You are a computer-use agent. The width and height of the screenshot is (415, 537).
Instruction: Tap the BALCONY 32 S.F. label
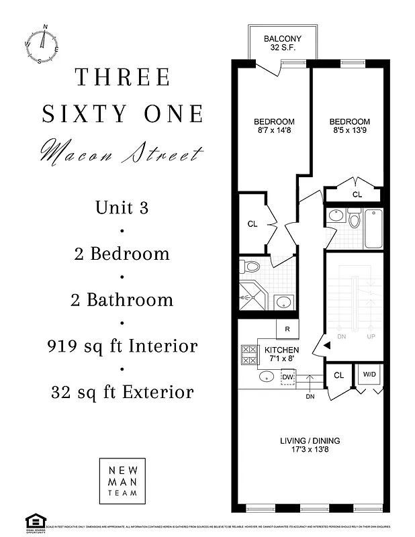pos(281,43)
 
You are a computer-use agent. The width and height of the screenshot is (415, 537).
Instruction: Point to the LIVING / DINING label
pos(310,446)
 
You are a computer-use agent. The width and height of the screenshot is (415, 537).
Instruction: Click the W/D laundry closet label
pos(369,375)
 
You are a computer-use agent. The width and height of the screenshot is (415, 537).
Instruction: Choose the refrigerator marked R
pos(287,330)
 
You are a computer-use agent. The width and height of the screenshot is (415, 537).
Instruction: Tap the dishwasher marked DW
pos(288,378)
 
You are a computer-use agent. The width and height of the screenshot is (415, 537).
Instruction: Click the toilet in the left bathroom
pos(251,267)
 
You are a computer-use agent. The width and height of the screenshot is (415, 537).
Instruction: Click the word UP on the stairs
pos(371,336)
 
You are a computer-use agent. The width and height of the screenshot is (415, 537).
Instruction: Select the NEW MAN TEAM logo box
pos(122,481)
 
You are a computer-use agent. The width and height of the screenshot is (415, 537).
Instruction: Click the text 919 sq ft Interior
pos(122,346)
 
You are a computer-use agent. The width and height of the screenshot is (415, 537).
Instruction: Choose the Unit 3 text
pos(122,207)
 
